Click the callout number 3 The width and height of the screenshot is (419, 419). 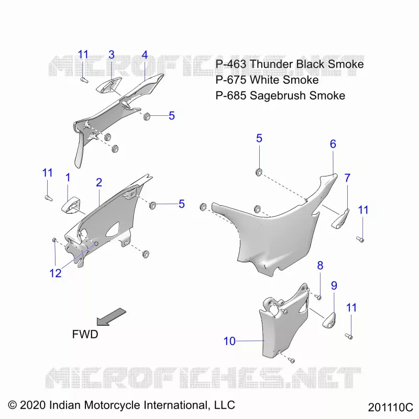click(112, 55)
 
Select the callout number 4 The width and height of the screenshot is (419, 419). click(145, 55)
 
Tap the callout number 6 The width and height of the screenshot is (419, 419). click(333, 144)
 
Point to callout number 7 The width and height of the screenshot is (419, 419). click(347, 178)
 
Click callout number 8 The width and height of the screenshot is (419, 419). click(320, 266)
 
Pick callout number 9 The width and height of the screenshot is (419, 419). click(334, 285)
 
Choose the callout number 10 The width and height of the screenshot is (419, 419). click(229, 341)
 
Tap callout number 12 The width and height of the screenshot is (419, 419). click(56, 273)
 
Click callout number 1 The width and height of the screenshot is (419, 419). click(68, 178)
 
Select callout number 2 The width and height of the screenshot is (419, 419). click(99, 182)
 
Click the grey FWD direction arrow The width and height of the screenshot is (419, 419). click(111, 317)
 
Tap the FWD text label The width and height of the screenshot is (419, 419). click(85, 334)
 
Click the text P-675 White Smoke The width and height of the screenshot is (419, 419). click(267, 80)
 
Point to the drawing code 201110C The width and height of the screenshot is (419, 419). click(390, 407)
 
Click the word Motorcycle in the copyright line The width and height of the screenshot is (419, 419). click(113, 405)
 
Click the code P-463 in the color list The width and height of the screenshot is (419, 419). click(231, 64)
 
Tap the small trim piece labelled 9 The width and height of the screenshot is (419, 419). click(329, 320)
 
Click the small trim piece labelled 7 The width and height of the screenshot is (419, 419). click(340, 219)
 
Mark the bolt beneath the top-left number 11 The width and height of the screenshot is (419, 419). click(84, 80)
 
